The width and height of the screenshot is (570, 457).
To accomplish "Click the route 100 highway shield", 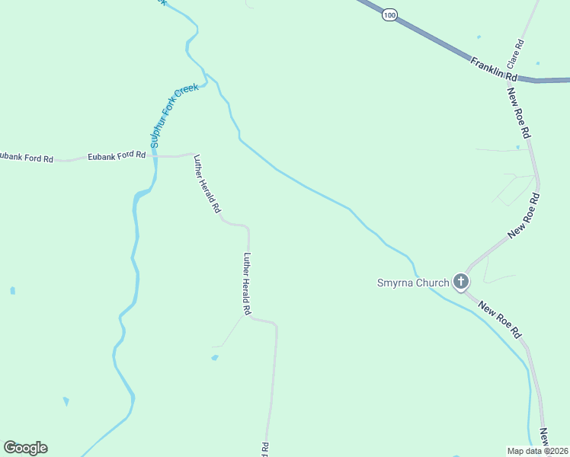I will [x=390, y=15].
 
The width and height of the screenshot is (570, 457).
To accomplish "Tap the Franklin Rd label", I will [x=494, y=69].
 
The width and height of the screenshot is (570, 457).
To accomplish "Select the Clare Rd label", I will [x=517, y=52].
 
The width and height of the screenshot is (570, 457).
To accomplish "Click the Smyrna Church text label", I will [x=414, y=283].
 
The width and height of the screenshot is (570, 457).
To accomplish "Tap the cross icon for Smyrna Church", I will [x=460, y=282].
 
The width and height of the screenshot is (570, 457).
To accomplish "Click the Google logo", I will [x=25, y=448].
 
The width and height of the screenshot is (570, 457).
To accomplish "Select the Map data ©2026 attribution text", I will [x=538, y=451].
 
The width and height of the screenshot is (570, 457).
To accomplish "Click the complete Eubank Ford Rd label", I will [x=117, y=155].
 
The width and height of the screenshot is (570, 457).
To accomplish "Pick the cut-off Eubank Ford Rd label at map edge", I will [x=27, y=158].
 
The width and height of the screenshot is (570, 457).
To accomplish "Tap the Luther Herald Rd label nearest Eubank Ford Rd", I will [x=207, y=184].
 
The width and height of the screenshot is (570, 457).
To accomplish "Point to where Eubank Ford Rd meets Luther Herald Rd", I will [x=192, y=154].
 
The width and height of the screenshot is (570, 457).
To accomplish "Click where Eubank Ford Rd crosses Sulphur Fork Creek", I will [x=154, y=155].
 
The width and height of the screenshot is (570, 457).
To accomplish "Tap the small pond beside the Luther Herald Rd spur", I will [x=215, y=357].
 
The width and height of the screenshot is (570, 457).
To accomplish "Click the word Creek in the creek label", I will [x=187, y=91].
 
